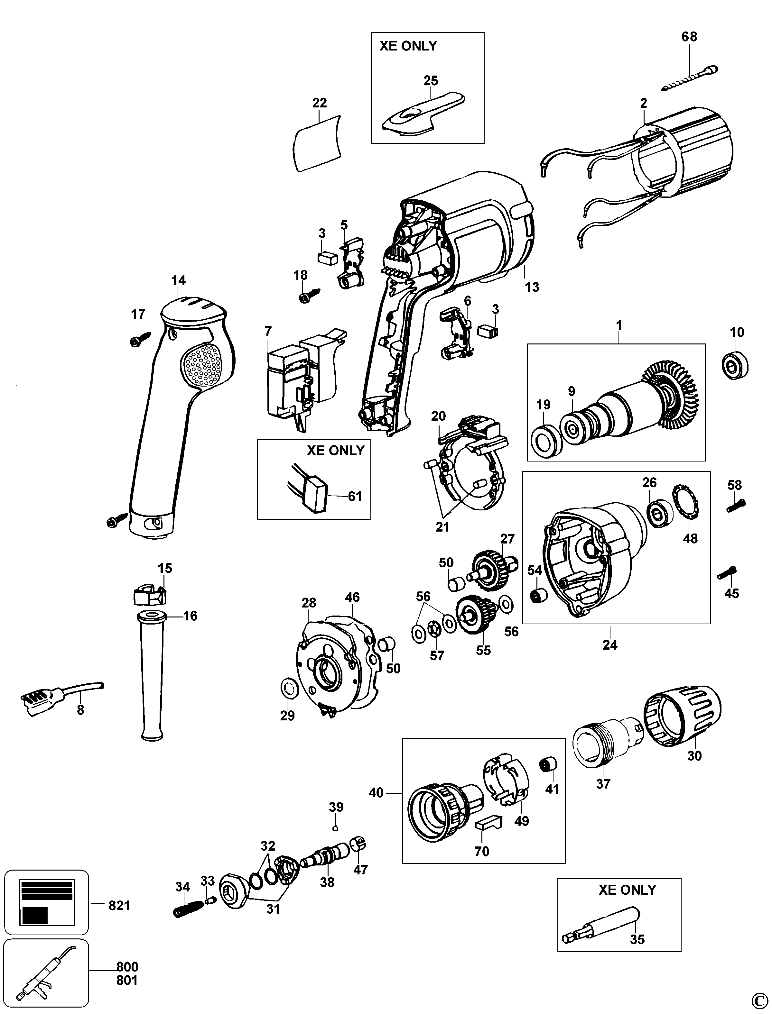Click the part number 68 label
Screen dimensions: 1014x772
689,36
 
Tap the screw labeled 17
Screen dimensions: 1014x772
140,339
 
